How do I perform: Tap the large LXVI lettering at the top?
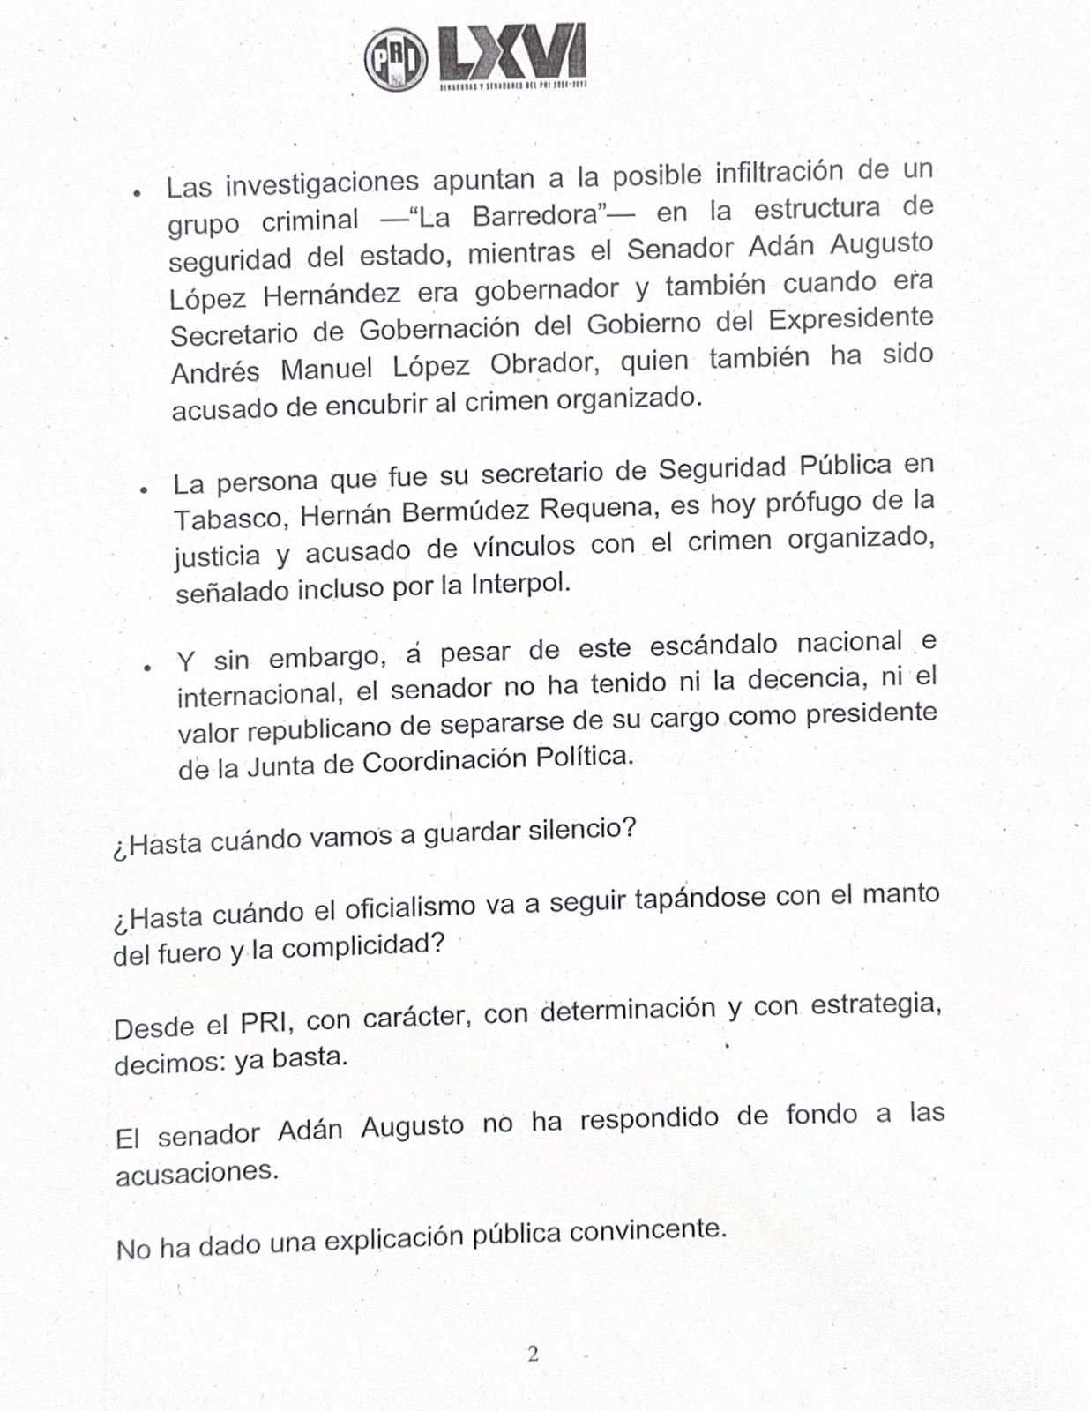pyautogui.click(x=512, y=55)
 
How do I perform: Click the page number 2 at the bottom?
pyautogui.click(x=533, y=1354)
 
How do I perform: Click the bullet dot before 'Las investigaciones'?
pyautogui.click(x=137, y=192)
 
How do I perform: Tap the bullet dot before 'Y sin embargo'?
pyautogui.click(x=148, y=667)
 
